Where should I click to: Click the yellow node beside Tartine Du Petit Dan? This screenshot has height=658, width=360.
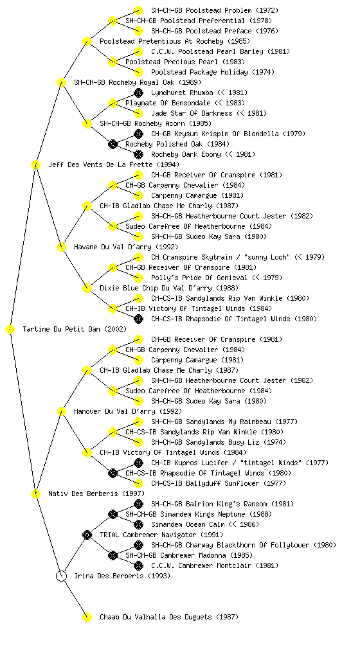[10, 329]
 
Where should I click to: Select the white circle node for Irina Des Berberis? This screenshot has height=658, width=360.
[61, 576]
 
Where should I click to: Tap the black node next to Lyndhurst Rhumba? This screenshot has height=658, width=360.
[138, 93]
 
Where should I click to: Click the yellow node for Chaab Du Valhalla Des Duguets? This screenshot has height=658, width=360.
[87, 617]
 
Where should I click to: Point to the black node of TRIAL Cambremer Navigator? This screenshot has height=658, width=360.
[87, 535]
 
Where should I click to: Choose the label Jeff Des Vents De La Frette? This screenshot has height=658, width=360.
[100, 164]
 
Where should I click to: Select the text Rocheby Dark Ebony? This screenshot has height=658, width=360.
[186, 154]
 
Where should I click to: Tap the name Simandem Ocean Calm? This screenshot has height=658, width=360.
[186, 524]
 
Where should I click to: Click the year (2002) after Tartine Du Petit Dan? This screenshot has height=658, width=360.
[115, 329]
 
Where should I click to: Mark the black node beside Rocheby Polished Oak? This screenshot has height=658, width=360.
[113, 144]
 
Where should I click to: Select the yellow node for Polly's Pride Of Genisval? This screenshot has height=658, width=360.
[138, 278]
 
